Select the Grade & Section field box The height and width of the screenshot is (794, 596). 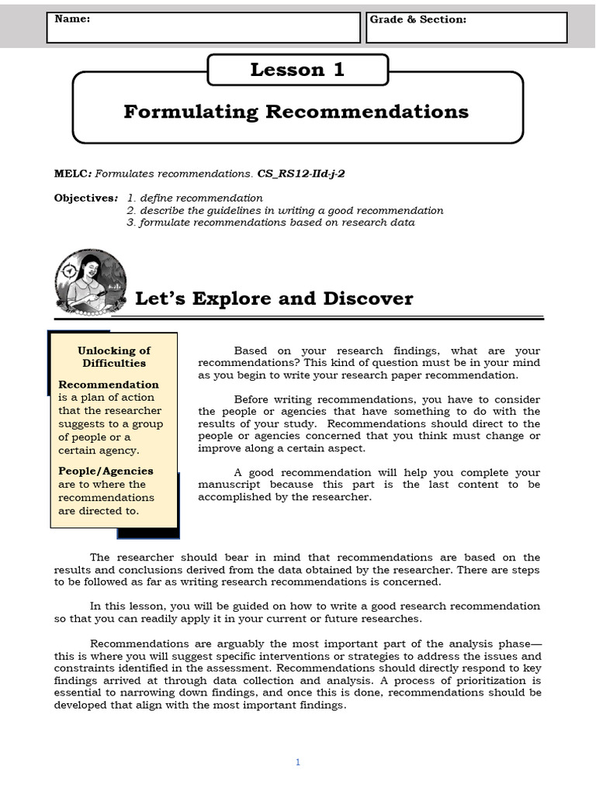[x=466, y=27]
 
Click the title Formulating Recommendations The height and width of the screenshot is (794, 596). [x=296, y=112]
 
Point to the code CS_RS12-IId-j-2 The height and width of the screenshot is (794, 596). [x=301, y=174]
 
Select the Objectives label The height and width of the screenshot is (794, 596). [x=85, y=198]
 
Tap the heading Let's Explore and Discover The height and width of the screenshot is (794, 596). [x=274, y=299]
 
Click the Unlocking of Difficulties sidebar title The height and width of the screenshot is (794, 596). [x=114, y=357]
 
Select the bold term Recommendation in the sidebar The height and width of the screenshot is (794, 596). [x=109, y=385]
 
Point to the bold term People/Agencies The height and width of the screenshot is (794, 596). [x=106, y=471]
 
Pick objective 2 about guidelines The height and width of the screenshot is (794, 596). [x=285, y=210]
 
